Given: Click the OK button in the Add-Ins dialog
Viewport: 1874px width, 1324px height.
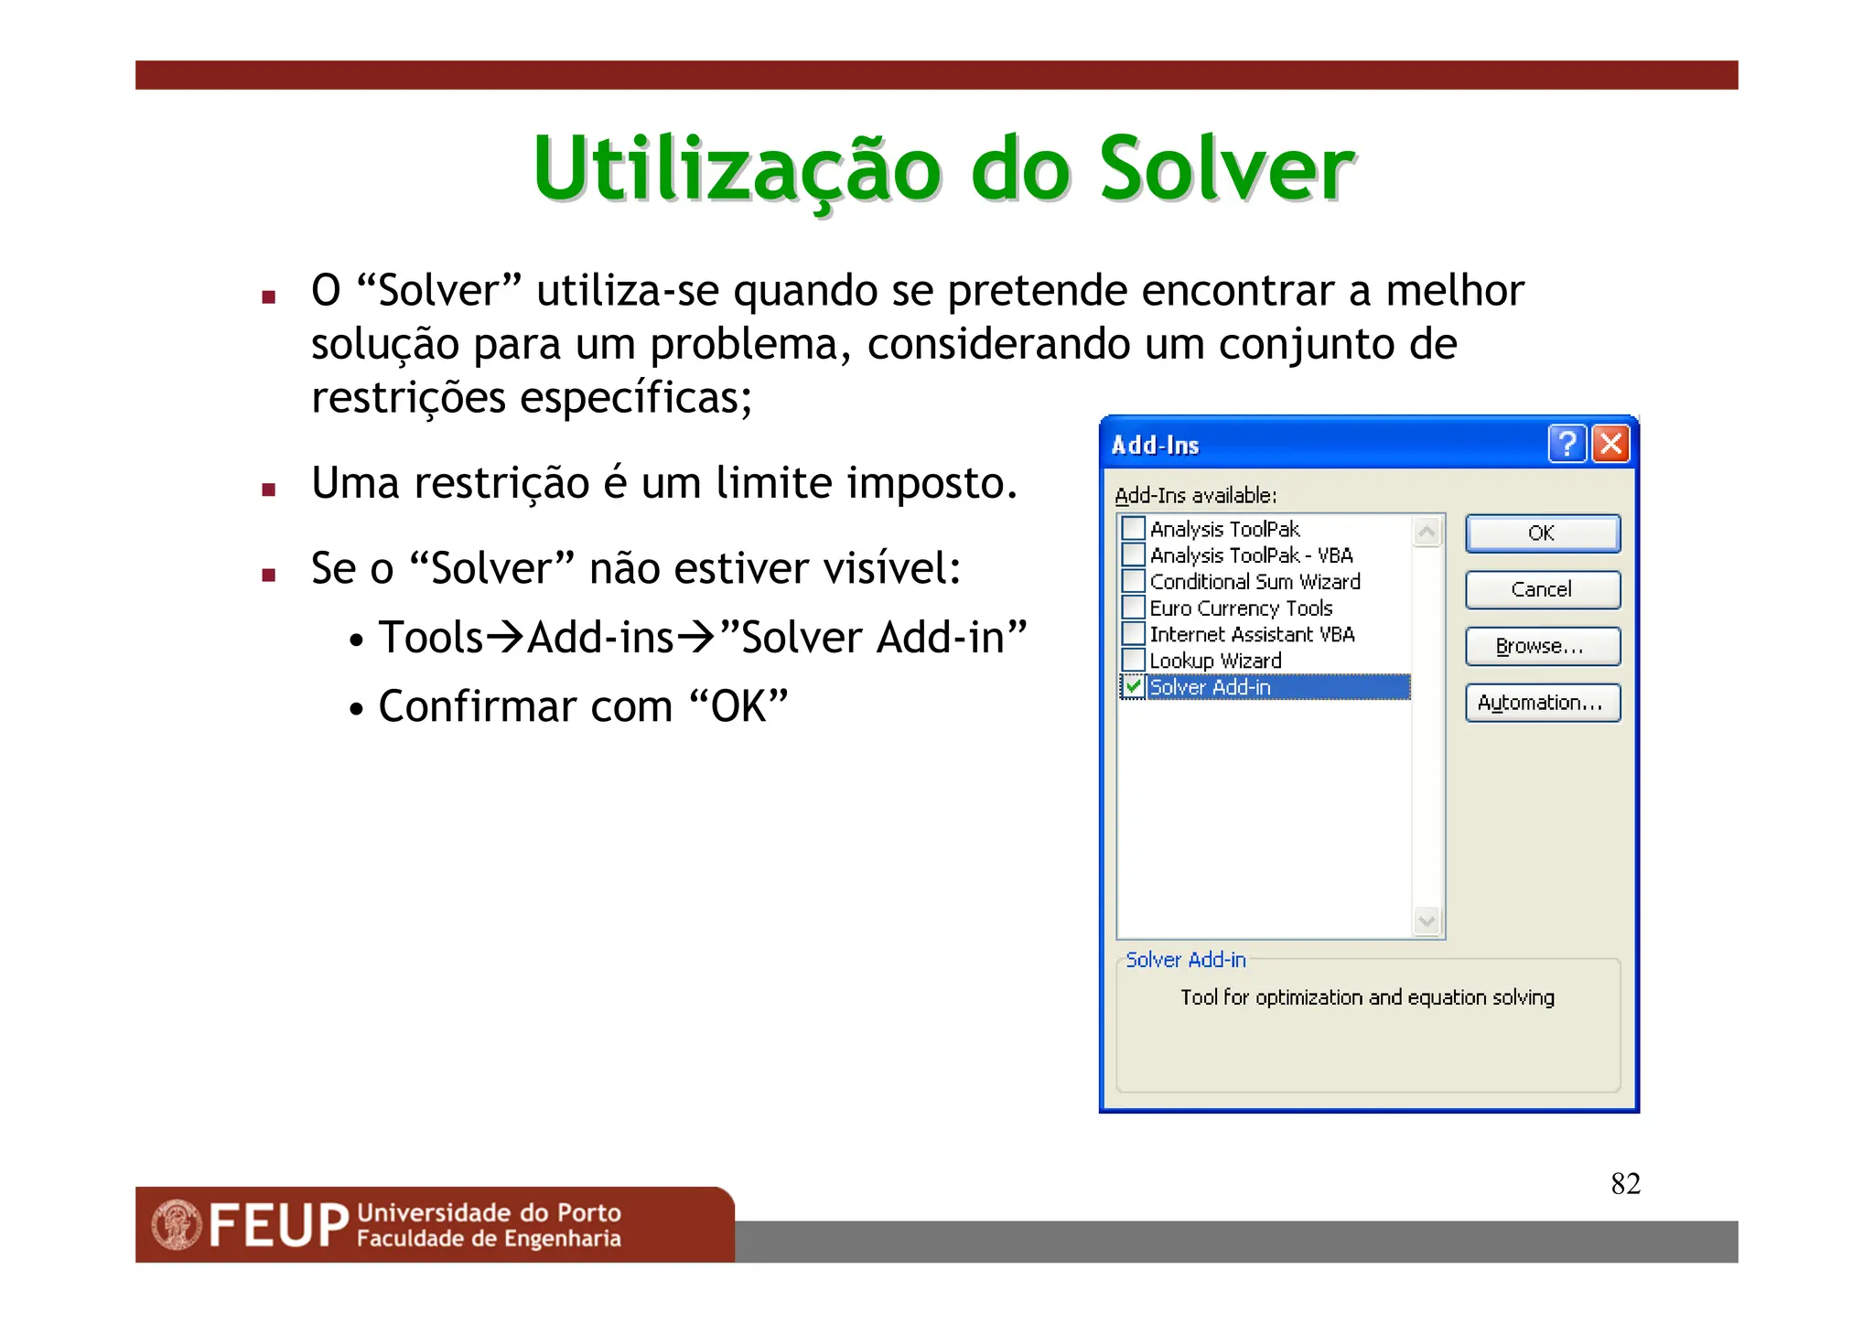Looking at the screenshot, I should (x=1542, y=533).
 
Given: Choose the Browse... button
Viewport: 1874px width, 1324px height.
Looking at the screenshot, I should (x=1542, y=646).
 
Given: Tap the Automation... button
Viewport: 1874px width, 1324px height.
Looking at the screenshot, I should (x=1542, y=703).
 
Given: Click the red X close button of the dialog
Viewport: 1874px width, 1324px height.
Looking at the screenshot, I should (x=1610, y=444).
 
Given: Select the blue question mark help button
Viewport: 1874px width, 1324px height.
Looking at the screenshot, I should (x=1567, y=444).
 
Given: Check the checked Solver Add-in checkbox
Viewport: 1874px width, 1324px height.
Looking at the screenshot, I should (x=1133, y=686).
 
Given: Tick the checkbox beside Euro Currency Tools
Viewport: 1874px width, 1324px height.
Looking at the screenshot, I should (x=1133, y=608).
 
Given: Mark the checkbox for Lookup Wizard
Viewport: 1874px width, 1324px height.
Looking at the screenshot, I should (x=1133, y=660).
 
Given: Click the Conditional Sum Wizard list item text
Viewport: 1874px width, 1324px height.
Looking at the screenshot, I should (x=1255, y=582).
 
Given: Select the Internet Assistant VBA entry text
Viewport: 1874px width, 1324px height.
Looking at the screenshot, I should (x=1252, y=634).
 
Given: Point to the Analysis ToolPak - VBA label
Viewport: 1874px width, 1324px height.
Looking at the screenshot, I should (x=1251, y=555).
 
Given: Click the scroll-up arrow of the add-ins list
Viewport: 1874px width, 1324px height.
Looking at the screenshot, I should (x=1427, y=532).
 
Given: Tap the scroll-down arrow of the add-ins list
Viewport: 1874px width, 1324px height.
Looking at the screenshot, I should (x=1427, y=920).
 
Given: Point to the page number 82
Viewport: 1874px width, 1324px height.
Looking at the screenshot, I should (x=1625, y=1183).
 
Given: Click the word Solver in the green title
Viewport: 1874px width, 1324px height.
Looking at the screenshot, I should (x=1225, y=169).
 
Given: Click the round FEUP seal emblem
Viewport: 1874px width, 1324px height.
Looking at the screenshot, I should (x=176, y=1224).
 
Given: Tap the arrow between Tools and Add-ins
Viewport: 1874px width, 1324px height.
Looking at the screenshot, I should (x=505, y=637).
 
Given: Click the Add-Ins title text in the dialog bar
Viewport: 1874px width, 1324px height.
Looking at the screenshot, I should (x=1155, y=446).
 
